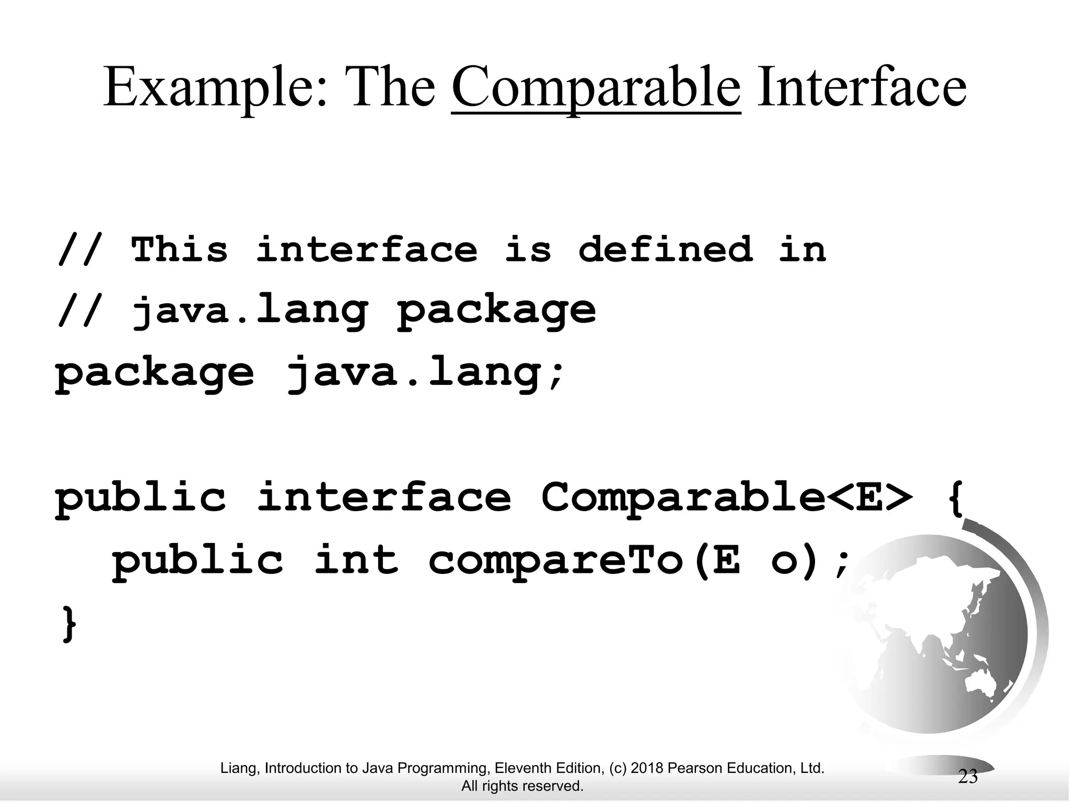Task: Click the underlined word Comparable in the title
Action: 596,88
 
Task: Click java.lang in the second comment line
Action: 250,311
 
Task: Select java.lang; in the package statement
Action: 426,373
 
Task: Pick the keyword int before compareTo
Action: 357,560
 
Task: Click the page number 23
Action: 968,777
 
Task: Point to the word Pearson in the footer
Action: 693,768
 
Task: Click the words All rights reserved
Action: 522,786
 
